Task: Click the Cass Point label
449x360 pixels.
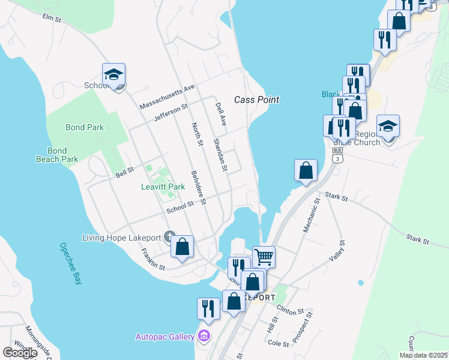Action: pyautogui.click(x=256, y=100)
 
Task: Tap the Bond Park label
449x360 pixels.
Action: pyautogui.click(x=85, y=127)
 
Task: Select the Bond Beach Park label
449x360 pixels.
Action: pyautogui.click(x=57, y=155)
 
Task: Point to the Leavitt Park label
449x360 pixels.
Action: pyautogui.click(x=163, y=187)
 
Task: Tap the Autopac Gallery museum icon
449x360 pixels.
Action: pyautogui.click(x=204, y=335)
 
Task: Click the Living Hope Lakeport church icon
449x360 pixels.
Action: pyautogui.click(x=170, y=236)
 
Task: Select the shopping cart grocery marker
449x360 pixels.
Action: pyautogui.click(x=264, y=257)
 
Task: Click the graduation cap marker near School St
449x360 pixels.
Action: pyautogui.click(x=113, y=74)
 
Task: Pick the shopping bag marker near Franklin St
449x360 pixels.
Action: pyautogui.click(x=182, y=246)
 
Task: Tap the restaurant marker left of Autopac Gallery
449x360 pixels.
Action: pyautogui.click(x=208, y=308)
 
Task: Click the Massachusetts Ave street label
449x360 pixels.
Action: pyautogui.click(x=167, y=96)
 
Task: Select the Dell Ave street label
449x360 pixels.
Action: pyautogui.click(x=220, y=113)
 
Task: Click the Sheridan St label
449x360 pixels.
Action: pyautogui.click(x=220, y=155)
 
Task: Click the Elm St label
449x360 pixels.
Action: pyautogui.click(x=52, y=19)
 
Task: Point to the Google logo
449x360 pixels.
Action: pyautogui.click(x=20, y=352)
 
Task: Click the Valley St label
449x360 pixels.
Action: pyautogui.click(x=338, y=251)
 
